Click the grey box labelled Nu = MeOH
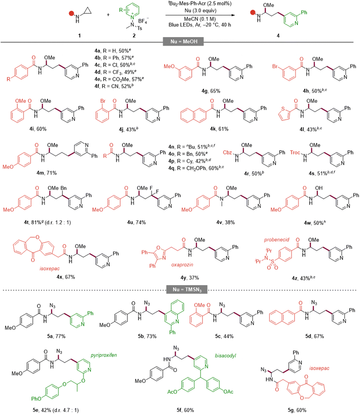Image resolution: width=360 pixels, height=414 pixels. (x=184, y=42)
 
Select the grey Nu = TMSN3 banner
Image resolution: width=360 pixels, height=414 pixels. (x=186, y=289)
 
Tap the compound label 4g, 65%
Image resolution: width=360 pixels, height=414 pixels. (x=211, y=91)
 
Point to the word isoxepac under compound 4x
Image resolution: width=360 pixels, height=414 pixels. (x=50, y=269)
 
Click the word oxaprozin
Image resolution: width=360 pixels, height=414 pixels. (x=182, y=265)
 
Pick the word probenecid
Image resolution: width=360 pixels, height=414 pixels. (x=276, y=240)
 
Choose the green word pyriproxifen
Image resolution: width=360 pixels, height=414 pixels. (x=104, y=355)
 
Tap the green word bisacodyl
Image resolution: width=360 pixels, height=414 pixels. (x=225, y=356)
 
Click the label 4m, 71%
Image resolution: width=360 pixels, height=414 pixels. (x=47, y=173)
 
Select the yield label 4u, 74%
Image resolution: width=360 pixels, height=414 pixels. (x=136, y=223)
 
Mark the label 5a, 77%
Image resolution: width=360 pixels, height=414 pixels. (x=56, y=336)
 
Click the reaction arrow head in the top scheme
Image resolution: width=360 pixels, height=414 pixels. (x=233, y=15)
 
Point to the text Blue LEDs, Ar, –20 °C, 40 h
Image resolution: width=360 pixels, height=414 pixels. (x=200, y=25)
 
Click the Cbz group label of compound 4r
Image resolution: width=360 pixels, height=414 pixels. (x=227, y=152)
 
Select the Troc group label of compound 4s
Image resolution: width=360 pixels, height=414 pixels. (x=295, y=152)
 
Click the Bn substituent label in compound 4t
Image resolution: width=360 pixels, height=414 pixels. (x=64, y=188)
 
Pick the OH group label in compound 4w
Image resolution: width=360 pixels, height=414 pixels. (x=319, y=188)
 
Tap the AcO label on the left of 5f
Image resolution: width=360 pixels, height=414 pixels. (x=172, y=392)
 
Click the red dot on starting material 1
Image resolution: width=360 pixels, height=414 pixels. (x=71, y=13)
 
